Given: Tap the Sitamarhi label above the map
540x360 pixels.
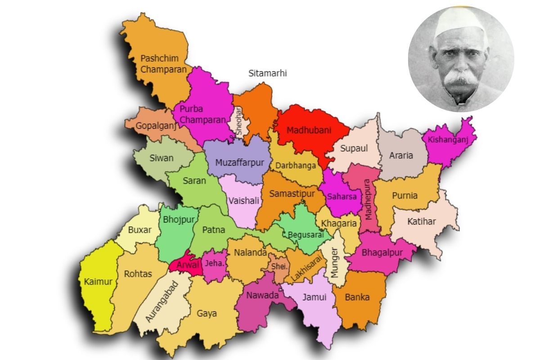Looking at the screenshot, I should pyautogui.click(x=267, y=73).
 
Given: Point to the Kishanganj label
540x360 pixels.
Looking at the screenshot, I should pyautogui.click(x=448, y=139).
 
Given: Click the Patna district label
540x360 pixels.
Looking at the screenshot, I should pyautogui.click(x=213, y=230).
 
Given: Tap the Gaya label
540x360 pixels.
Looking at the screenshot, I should pyautogui.click(x=207, y=313).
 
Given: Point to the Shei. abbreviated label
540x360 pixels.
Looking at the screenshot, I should pyautogui.click(x=279, y=266).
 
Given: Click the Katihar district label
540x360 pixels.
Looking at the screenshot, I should pyautogui.click(x=421, y=221).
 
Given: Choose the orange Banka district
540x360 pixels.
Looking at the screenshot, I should pyautogui.click(x=357, y=297).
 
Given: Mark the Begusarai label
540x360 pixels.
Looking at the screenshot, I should pyautogui.click(x=306, y=234).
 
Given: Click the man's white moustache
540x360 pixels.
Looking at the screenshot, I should pyautogui.click(x=461, y=79).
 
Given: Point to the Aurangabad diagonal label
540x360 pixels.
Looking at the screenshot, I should pyautogui.click(x=162, y=301).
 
